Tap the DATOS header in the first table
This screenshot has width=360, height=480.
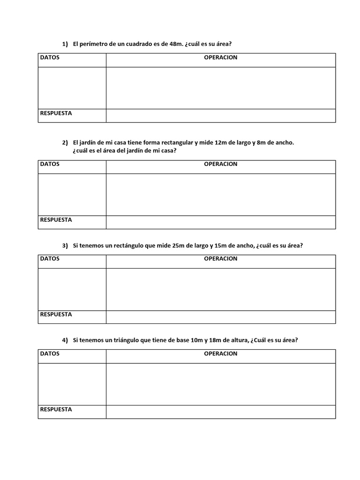[x=50, y=58]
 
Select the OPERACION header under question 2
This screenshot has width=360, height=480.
[x=220, y=164]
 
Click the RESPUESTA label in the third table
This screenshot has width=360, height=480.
[x=56, y=315]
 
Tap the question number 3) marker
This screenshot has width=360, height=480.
[x=65, y=246]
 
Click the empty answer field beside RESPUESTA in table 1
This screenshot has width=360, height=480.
[x=220, y=116]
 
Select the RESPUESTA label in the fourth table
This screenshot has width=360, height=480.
[x=56, y=409]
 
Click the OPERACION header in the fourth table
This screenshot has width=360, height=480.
[x=220, y=353]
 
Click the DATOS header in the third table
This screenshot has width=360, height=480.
[x=50, y=259]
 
